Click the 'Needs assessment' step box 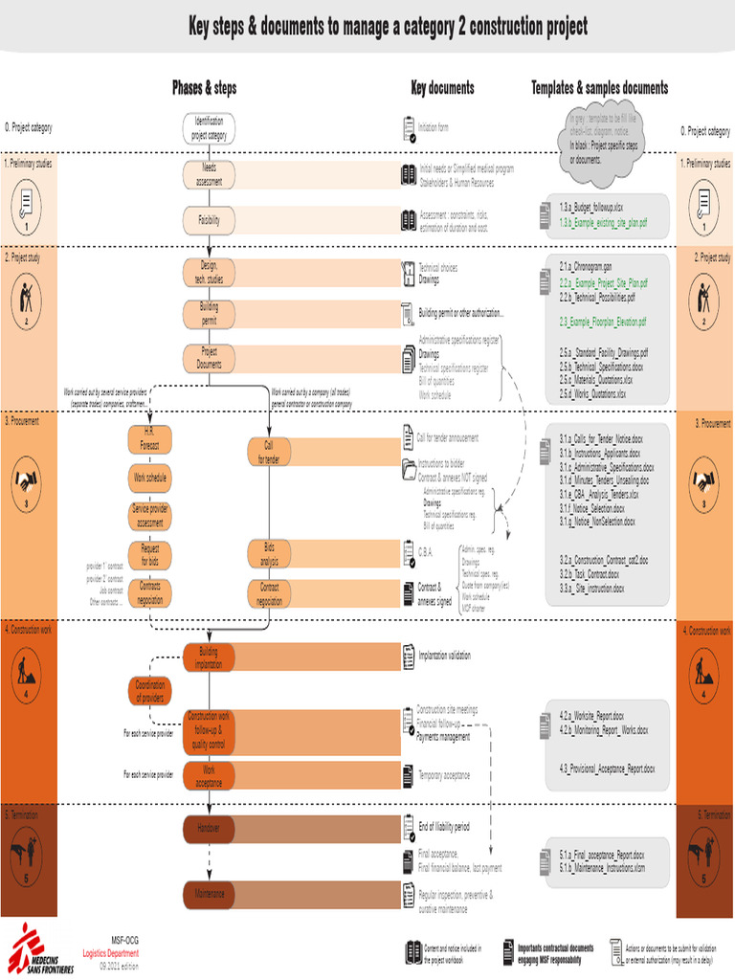click(x=209, y=174)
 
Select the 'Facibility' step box click(x=209, y=220)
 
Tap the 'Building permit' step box click(x=209, y=313)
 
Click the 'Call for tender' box click(x=268, y=452)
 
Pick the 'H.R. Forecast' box click(x=150, y=439)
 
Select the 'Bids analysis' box click(x=268, y=553)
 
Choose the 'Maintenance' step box click(x=209, y=894)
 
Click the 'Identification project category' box click(x=209, y=127)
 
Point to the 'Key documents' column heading click(x=442, y=88)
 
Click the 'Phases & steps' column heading click(x=204, y=88)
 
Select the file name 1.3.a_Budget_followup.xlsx click(x=591, y=207)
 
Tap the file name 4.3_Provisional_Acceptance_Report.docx click(x=607, y=768)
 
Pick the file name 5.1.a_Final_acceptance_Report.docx click(x=601, y=854)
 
